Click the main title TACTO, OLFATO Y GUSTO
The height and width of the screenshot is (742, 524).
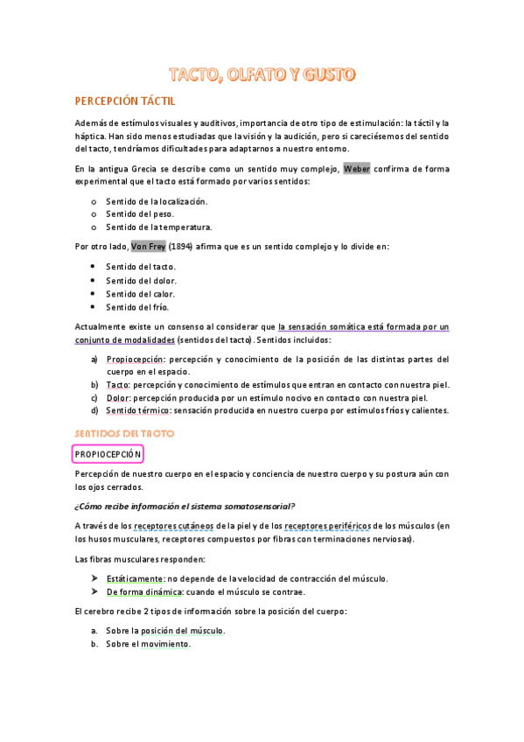[x=262, y=75]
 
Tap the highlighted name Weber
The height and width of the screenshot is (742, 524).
[x=357, y=169]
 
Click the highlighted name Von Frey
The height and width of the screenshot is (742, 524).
[x=148, y=247]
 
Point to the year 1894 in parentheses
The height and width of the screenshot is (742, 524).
[x=181, y=247]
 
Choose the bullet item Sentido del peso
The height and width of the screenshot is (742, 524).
[x=140, y=213]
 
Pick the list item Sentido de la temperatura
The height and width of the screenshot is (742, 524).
[x=159, y=227]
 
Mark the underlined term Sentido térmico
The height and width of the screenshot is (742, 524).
[x=138, y=410]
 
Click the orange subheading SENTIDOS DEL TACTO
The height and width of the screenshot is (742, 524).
[x=125, y=433]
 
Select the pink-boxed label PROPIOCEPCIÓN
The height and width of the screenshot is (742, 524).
[x=108, y=454]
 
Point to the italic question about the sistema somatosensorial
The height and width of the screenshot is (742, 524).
[x=185, y=506]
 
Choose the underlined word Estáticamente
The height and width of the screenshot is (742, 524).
[x=135, y=578]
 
